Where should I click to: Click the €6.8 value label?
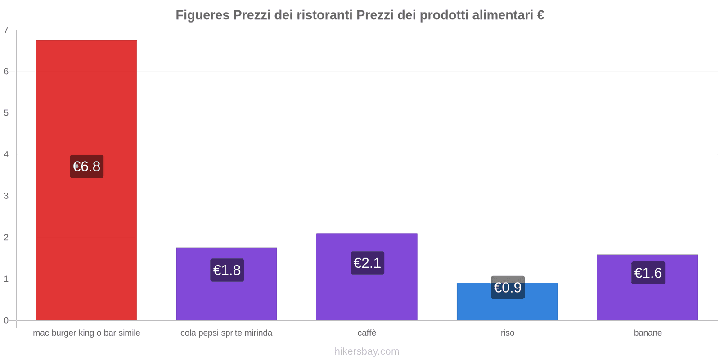coord(86,166)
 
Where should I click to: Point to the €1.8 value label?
coord(227,270)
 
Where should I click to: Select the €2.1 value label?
coord(367,263)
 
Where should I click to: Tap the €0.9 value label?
coord(508,287)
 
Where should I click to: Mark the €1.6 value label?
coord(648,273)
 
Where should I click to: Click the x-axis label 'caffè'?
coord(367,333)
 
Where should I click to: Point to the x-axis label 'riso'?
coord(507,333)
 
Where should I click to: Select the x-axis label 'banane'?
coord(648,333)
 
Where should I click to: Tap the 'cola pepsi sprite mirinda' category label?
coord(226,333)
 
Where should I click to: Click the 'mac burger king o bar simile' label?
coord(86,333)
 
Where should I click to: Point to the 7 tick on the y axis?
coord(6,30)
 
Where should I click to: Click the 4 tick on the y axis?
coord(6,154)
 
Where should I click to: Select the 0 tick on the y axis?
coord(6,320)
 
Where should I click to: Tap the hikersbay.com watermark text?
coord(367,351)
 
